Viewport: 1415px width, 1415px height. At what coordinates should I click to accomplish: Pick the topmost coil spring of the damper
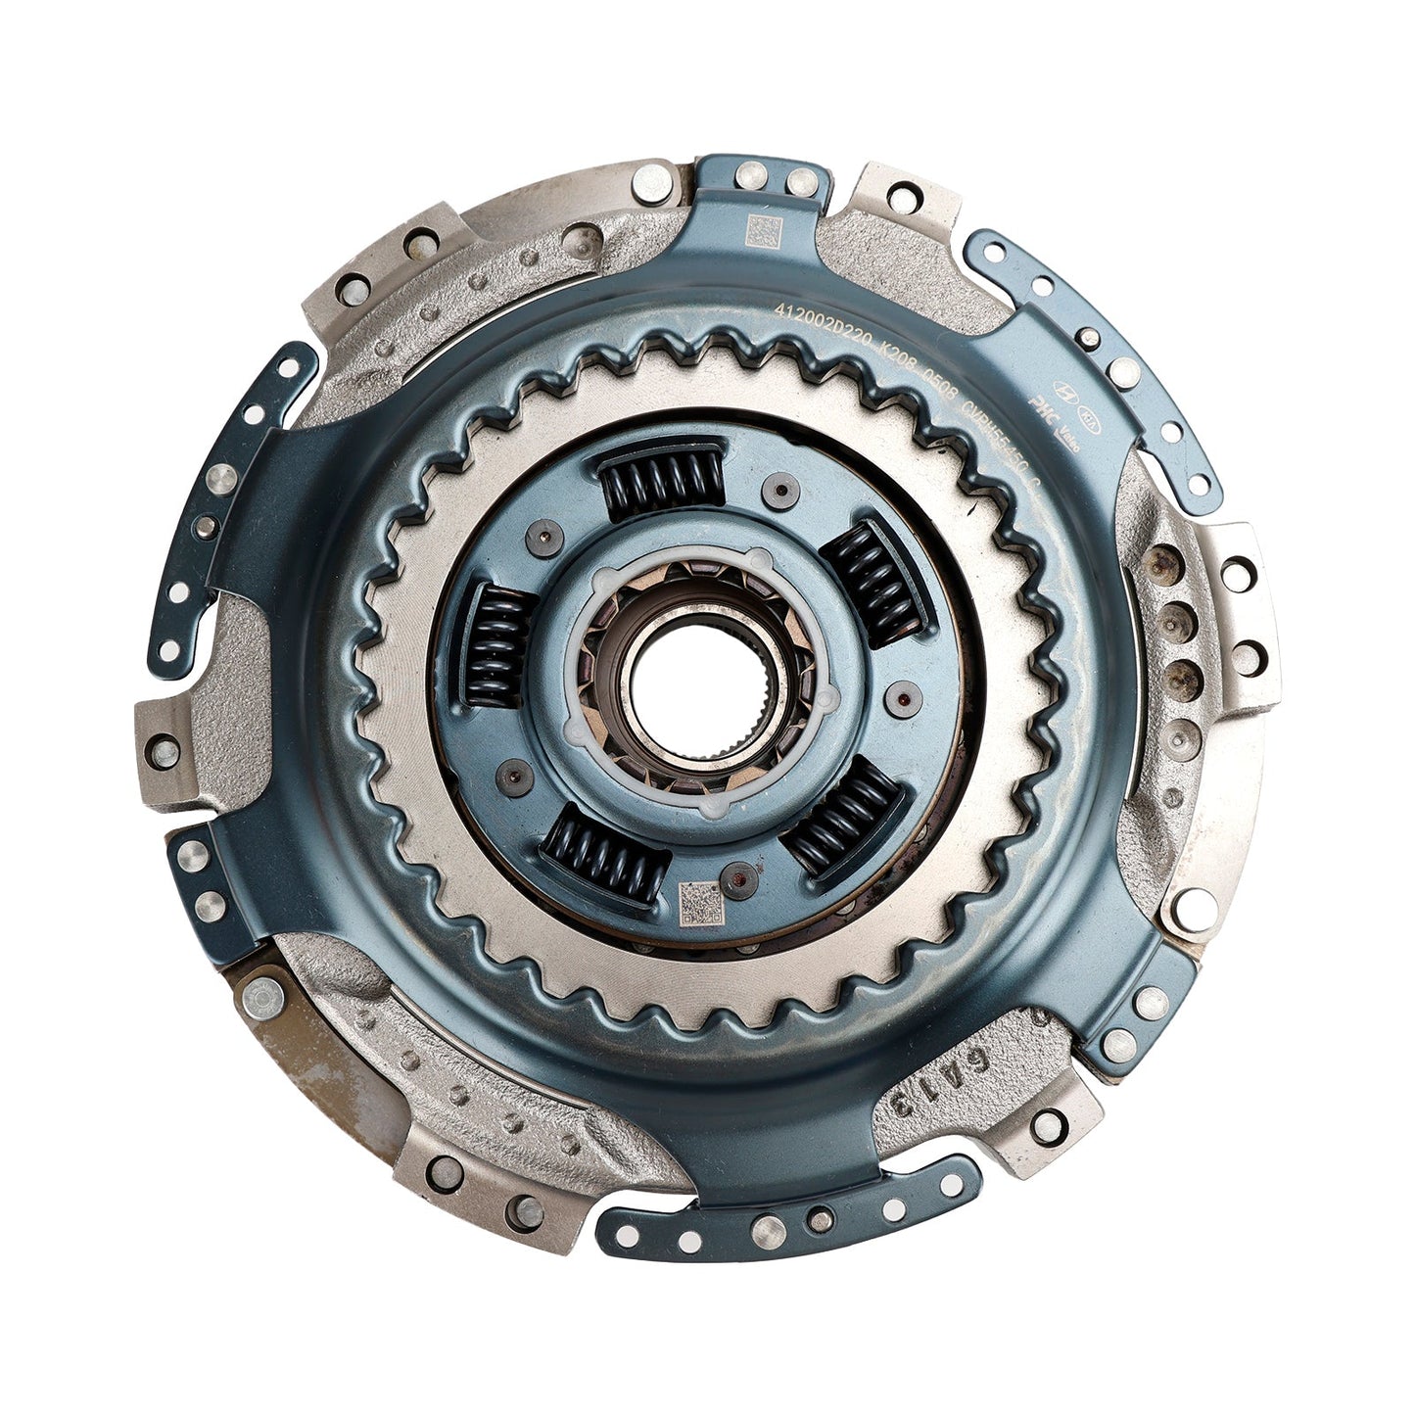tap(662, 478)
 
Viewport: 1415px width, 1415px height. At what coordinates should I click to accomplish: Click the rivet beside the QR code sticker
tap(737, 873)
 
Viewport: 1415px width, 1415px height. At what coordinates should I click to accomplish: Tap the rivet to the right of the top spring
tap(781, 492)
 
